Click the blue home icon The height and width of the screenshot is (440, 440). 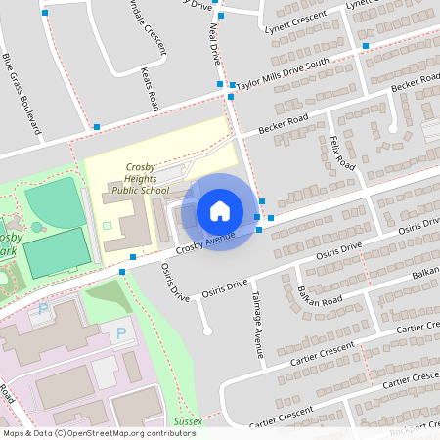[x=220, y=211]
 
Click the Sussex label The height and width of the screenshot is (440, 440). [x=188, y=421]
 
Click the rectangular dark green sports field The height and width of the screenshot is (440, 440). [x=57, y=251]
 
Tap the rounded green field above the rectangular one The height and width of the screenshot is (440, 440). [x=54, y=201]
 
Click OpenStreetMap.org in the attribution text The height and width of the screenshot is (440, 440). [x=104, y=432]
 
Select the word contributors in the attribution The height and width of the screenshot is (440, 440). [x=168, y=432]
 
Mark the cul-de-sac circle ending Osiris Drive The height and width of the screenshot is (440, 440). [x=207, y=330]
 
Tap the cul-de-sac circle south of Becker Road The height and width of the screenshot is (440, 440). [x=394, y=127]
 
